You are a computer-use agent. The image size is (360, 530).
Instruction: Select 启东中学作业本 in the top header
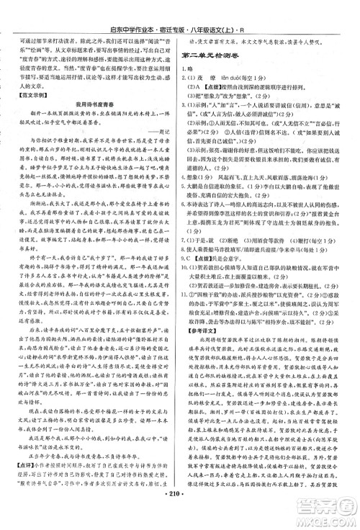coord(159,11)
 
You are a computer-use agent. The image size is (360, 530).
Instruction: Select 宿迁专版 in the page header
coord(210,11)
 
